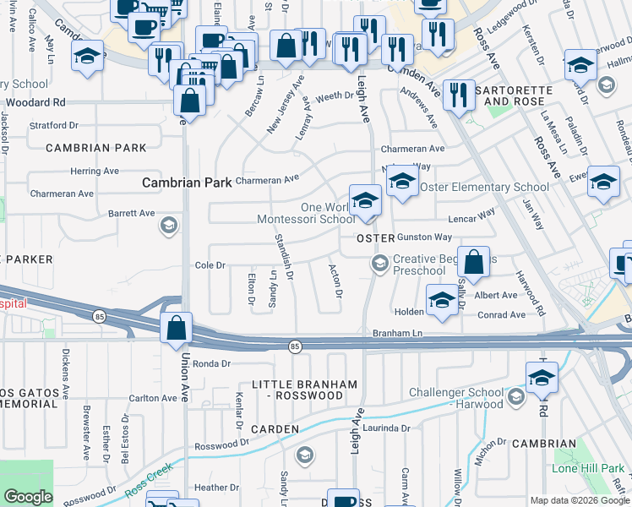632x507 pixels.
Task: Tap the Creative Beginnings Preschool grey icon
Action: (380, 264)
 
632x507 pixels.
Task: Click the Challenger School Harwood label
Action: (455, 399)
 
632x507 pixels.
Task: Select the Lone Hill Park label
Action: (588, 468)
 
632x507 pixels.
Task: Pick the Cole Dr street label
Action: (210, 264)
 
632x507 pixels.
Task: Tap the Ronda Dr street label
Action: (211, 364)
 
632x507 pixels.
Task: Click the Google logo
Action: (28, 498)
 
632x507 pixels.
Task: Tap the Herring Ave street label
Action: (95, 171)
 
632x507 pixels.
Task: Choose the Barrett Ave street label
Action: (128, 214)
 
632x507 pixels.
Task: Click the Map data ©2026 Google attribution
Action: (579, 500)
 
